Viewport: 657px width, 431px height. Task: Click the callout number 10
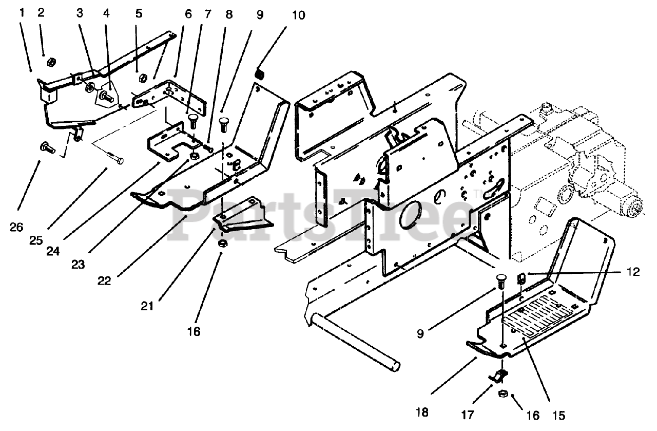299,15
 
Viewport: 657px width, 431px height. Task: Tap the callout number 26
16,227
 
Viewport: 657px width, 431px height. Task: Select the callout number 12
633,272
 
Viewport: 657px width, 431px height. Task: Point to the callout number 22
104,281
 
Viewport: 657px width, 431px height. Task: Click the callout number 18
422,413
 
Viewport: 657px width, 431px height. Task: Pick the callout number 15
558,416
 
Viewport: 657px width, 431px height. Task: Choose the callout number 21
147,306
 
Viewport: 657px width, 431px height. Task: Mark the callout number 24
53,251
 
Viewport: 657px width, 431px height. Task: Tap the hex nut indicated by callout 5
142,78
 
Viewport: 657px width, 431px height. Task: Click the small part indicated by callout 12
521,278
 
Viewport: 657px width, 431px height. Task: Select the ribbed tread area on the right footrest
538,315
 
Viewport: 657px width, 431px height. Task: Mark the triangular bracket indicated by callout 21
244,215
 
